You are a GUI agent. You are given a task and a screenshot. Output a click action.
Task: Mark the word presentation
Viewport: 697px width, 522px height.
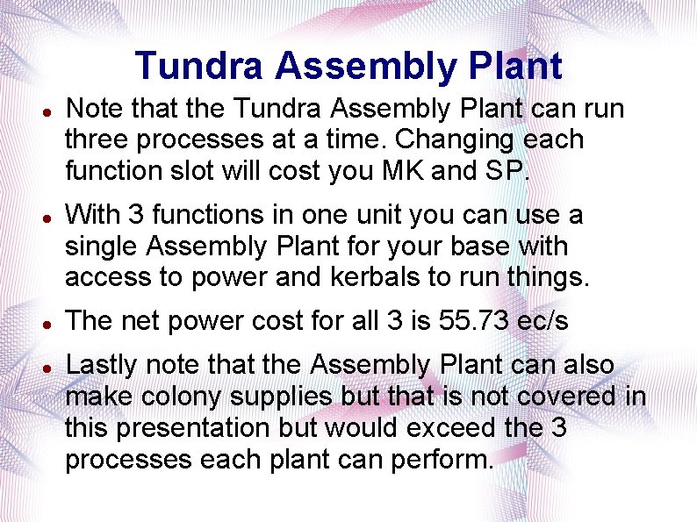pos(194,428)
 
